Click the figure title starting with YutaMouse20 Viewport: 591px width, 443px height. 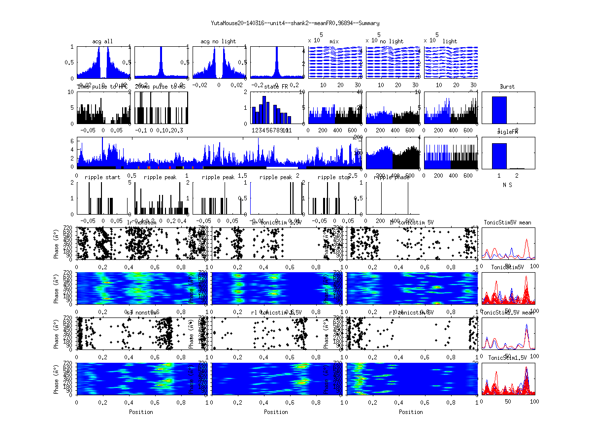click(295, 23)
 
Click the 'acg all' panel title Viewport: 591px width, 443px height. click(102, 41)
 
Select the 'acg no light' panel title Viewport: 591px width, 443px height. click(218, 41)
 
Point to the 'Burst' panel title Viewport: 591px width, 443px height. click(507, 87)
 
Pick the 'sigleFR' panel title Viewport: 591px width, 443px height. click(507, 132)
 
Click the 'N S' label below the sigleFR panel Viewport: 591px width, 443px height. click(507, 185)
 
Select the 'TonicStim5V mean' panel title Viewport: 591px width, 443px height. click(507, 222)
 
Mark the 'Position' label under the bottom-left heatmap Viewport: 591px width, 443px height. click(141, 412)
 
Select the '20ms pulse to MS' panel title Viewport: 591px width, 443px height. click(161, 87)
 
